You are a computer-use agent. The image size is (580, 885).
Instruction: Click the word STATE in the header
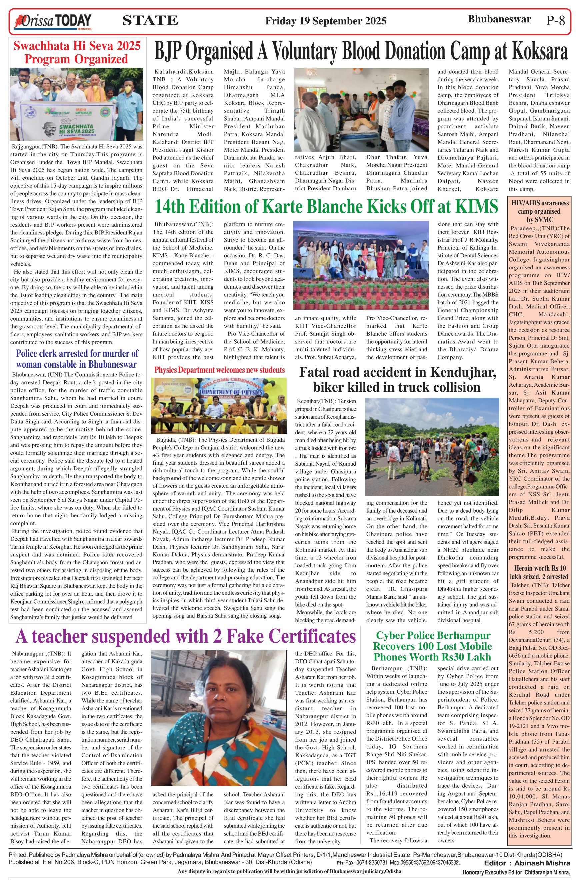(x=150, y=20)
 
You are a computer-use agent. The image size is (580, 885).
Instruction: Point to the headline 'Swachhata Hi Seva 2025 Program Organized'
(x=77, y=52)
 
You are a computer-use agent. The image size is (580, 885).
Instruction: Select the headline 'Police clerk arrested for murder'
(x=77, y=359)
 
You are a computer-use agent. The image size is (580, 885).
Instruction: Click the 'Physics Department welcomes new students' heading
(x=219, y=370)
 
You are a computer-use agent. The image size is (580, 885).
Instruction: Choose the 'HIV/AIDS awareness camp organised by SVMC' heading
(x=539, y=211)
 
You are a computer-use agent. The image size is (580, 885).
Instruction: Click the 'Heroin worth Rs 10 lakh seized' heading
(x=539, y=572)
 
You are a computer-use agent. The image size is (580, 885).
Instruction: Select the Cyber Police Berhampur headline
(x=432, y=646)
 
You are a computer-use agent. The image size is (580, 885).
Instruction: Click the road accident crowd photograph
(x=432, y=446)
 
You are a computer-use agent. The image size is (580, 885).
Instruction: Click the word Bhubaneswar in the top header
(x=499, y=19)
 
